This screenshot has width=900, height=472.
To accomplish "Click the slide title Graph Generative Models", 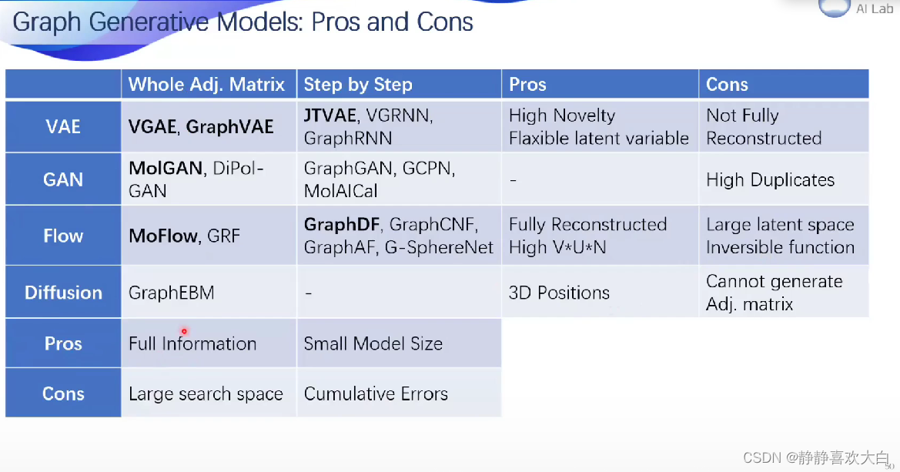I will pyautogui.click(x=243, y=22).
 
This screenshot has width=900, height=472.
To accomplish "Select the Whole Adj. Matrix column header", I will pyautogui.click(x=206, y=85).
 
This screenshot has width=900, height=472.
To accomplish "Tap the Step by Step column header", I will pyautogui.click(x=358, y=85).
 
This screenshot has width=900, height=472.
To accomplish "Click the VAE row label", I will pyautogui.click(x=63, y=126).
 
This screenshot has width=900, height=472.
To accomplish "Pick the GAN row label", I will pyautogui.click(x=63, y=179).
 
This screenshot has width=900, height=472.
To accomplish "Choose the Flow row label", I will pyautogui.click(x=63, y=236).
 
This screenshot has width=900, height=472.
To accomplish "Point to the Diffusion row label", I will pyautogui.click(x=63, y=293).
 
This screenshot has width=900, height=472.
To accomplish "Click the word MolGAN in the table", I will pyautogui.click(x=166, y=169).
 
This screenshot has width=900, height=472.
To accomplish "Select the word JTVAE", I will pyautogui.click(x=330, y=115).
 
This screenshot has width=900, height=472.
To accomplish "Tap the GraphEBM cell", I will pyautogui.click(x=171, y=293).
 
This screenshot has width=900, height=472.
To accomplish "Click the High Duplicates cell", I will pyautogui.click(x=770, y=180).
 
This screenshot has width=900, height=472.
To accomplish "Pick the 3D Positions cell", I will pyautogui.click(x=559, y=293).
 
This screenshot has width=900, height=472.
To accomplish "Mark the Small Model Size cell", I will pyautogui.click(x=373, y=343).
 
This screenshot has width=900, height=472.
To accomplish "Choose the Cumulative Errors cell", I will pyautogui.click(x=376, y=394).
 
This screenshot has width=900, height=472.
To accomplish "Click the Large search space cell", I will pyautogui.click(x=206, y=394).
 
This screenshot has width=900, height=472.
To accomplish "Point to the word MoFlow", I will pyautogui.click(x=163, y=236).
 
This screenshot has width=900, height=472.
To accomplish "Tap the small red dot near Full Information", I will pyautogui.click(x=185, y=331).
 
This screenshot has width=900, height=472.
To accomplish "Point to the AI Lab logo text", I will pyautogui.click(x=875, y=9).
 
